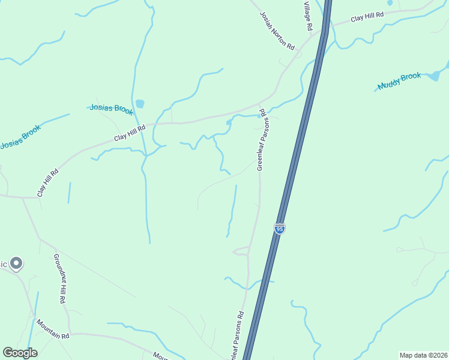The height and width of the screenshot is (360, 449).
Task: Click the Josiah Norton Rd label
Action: (277, 31)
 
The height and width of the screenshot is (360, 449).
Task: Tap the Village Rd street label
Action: (307, 15)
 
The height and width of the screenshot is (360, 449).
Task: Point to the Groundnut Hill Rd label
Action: (59, 278)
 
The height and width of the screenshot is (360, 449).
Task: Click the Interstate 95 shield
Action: (279, 229)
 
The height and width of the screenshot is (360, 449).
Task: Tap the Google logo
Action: (20, 353)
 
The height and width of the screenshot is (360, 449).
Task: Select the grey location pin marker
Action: (16, 263)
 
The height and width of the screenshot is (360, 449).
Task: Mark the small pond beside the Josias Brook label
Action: (140, 104)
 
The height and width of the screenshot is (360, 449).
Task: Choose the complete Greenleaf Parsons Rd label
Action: (261, 139)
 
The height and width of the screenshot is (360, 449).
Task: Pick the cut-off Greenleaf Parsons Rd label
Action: (236, 336)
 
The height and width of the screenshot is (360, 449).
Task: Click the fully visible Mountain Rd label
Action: (53, 329)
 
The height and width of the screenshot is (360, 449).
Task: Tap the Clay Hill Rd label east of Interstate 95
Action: (367, 17)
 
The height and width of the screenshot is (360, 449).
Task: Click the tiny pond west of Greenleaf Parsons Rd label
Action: (229, 122)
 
